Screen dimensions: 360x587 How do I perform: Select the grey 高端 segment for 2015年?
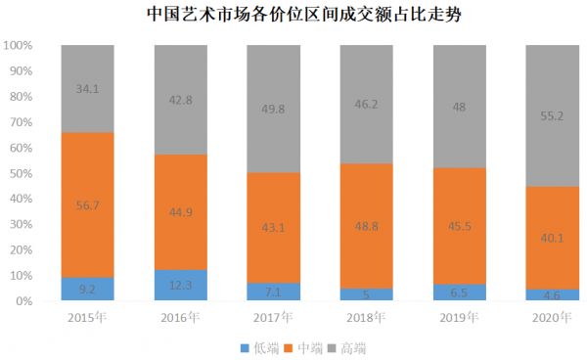pyautogui.click(x=86, y=108)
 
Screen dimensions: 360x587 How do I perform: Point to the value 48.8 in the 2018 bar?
pyautogui.click(x=365, y=222)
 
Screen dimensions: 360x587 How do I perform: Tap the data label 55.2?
pyautogui.click(x=553, y=114)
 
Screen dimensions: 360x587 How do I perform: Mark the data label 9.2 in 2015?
pyautogui.click(x=86, y=290)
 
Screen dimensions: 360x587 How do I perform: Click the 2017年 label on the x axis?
pyautogui.click(x=273, y=317)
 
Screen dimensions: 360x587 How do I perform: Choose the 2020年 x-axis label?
pyautogui.click(x=553, y=317)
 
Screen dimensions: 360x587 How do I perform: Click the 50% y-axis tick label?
pyautogui.click(x=22, y=174)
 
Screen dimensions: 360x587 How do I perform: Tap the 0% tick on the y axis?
pyautogui.click(x=24, y=301)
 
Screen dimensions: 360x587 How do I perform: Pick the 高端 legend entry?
pyautogui.click(x=354, y=346)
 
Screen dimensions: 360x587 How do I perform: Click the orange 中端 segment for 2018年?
pyautogui.click(x=365, y=245)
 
